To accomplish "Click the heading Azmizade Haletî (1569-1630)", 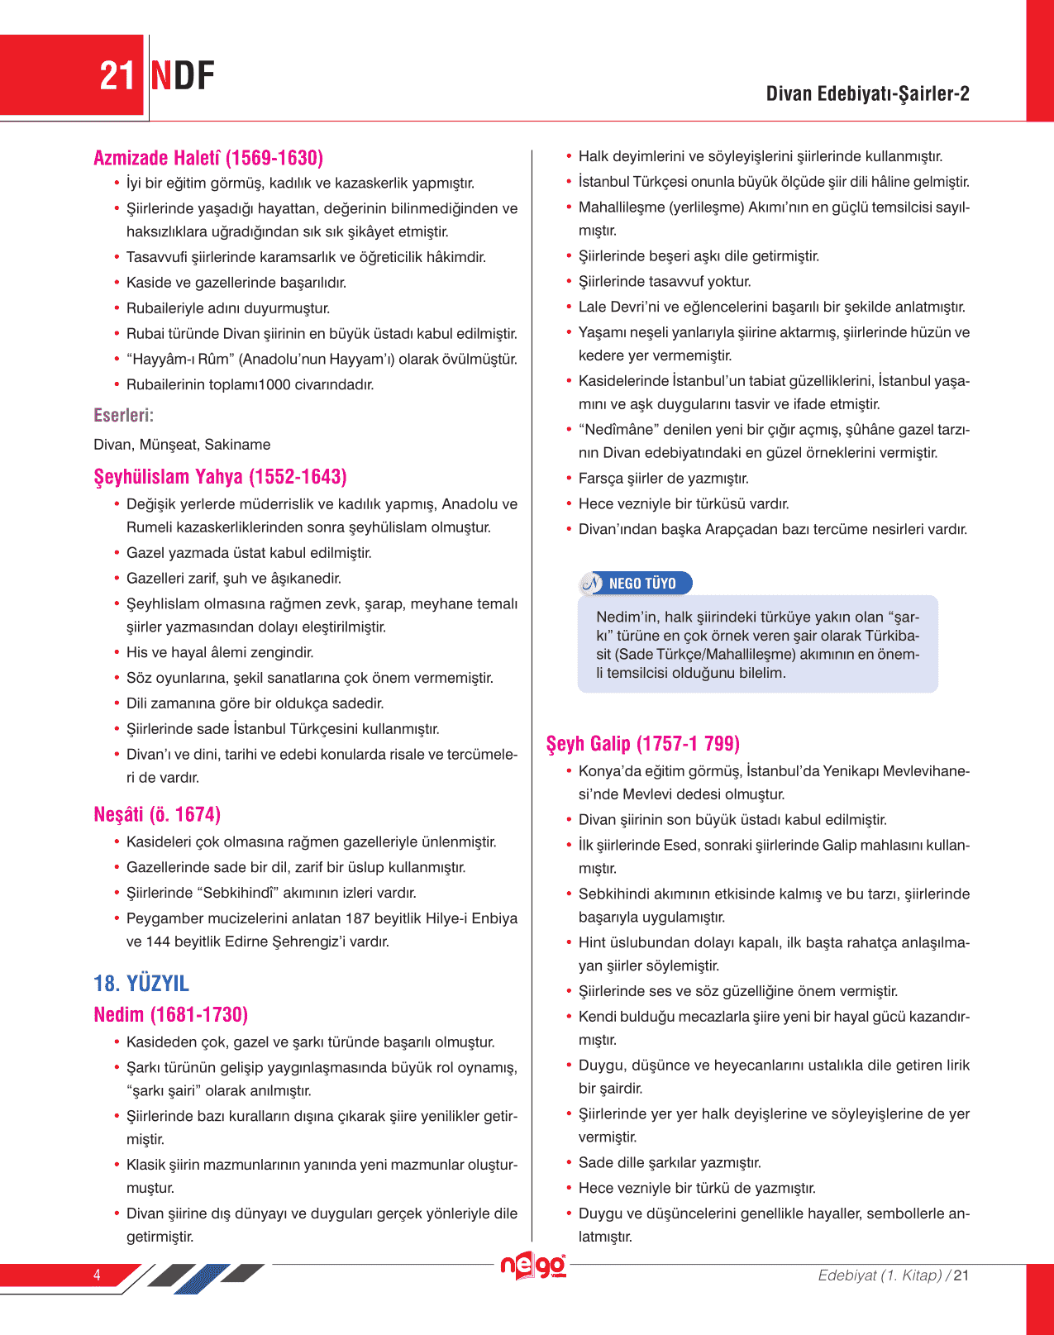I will pos(208,158).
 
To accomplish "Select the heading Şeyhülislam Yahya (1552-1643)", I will pos(220,477).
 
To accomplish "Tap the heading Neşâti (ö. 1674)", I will pos(157,814).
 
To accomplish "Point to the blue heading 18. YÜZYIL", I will pos(141,983).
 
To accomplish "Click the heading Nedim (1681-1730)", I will pos(171,1014).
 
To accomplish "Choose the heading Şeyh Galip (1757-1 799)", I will pos(642,743).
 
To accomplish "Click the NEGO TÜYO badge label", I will pos(642,584).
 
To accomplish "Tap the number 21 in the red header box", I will pos(117,76).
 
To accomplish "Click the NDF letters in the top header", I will pos(183,76).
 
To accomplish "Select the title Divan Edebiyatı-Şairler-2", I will pos(867,93).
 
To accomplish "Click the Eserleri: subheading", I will pos(124,415).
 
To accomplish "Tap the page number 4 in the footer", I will pos(97,1275).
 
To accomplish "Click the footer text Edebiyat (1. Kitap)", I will pos(880,1275).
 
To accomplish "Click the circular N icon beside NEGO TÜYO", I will pos(592,584).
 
